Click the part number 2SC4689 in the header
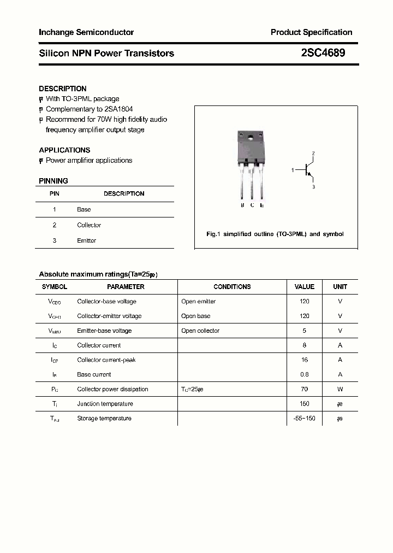pyautogui.click(x=323, y=53)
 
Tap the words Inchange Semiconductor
pyautogui.click(x=86, y=32)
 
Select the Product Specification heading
pyautogui.click(x=311, y=32)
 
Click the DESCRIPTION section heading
pyautogui.click(x=63, y=89)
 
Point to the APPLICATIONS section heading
pyautogui.click(x=64, y=150)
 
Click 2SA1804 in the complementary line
pyautogui.click(x=117, y=109)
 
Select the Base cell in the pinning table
pyautogui.click(x=84, y=209)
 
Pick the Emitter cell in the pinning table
pyautogui.click(x=86, y=240)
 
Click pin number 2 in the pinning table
pyautogui.click(x=55, y=225)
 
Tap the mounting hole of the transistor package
pyautogui.click(x=252, y=137)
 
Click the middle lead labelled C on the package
pyautogui.click(x=252, y=186)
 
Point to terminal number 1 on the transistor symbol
pyautogui.click(x=293, y=170)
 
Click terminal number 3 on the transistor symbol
pyautogui.click(x=313, y=187)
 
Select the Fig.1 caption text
pyautogui.click(x=275, y=234)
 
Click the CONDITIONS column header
pyautogui.click(x=232, y=286)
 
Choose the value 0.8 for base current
pyautogui.click(x=305, y=374)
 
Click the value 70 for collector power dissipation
pyautogui.click(x=305, y=389)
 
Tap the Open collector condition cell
pyautogui.click(x=200, y=331)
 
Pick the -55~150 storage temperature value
pyautogui.click(x=305, y=419)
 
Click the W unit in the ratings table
pyautogui.click(x=340, y=389)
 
